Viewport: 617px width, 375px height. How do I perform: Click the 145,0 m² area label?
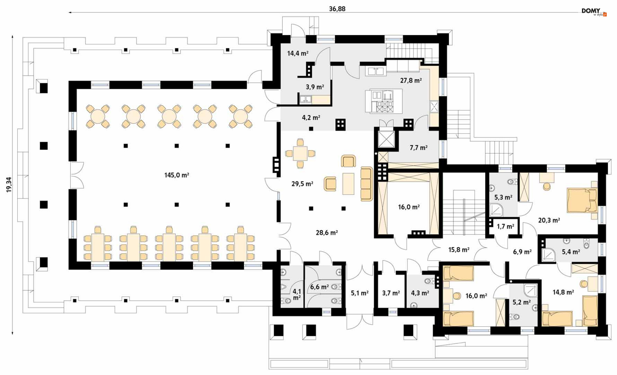(176, 175)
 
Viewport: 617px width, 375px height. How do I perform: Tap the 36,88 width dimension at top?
(337, 9)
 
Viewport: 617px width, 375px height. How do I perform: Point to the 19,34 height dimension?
(9, 185)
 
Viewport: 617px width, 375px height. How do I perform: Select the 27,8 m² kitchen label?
(411, 80)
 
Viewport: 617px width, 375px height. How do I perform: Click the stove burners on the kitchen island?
(385, 107)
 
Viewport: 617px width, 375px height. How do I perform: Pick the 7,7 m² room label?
(418, 148)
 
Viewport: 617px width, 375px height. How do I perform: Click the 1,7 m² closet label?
(505, 227)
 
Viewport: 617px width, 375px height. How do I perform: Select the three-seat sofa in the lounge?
(366, 184)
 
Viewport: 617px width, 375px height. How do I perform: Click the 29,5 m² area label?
(302, 184)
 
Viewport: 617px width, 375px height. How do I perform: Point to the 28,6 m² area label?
(326, 232)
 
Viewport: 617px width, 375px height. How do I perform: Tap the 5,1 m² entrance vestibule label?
(360, 293)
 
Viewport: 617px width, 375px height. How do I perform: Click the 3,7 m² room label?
(391, 293)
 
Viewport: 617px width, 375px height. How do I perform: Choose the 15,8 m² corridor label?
(459, 249)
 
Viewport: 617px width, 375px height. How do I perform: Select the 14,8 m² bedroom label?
(563, 292)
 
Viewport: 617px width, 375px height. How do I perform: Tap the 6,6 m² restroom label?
(319, 286)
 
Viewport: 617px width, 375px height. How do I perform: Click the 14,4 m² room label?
(298, 53)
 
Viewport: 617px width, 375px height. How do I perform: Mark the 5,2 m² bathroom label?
(521, 302)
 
